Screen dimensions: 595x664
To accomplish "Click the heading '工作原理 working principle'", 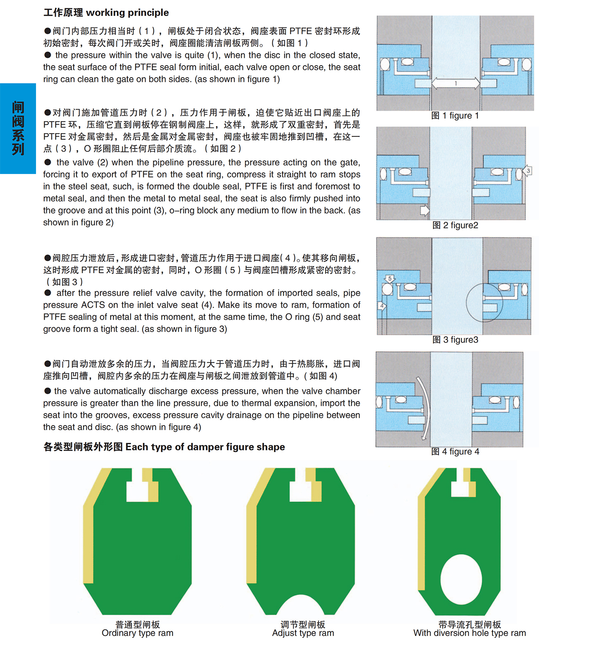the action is [106, 12].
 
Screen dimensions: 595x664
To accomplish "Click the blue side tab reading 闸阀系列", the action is [18, 129].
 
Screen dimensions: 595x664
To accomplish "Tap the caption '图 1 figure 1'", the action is [455, 116].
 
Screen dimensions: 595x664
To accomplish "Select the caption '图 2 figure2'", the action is [455, 225].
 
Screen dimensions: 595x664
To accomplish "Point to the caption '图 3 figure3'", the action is [455, 340].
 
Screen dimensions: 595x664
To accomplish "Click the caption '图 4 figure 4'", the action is [455, 452].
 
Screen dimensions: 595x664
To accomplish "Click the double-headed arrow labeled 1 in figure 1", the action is [456, 83].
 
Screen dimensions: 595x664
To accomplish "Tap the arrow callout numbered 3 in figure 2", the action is [527, 170].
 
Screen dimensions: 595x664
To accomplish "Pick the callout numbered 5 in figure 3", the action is [390, 279].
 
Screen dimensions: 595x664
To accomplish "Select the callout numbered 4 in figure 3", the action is [382, 306].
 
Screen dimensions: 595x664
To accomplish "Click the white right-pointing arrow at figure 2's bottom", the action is [425, 210].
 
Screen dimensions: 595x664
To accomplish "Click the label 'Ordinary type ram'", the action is [138, 633].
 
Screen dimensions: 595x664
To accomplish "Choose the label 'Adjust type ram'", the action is [303, 633].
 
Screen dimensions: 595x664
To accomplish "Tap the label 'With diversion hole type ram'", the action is [469, 633].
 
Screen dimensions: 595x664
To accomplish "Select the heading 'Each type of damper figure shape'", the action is [205, 447].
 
